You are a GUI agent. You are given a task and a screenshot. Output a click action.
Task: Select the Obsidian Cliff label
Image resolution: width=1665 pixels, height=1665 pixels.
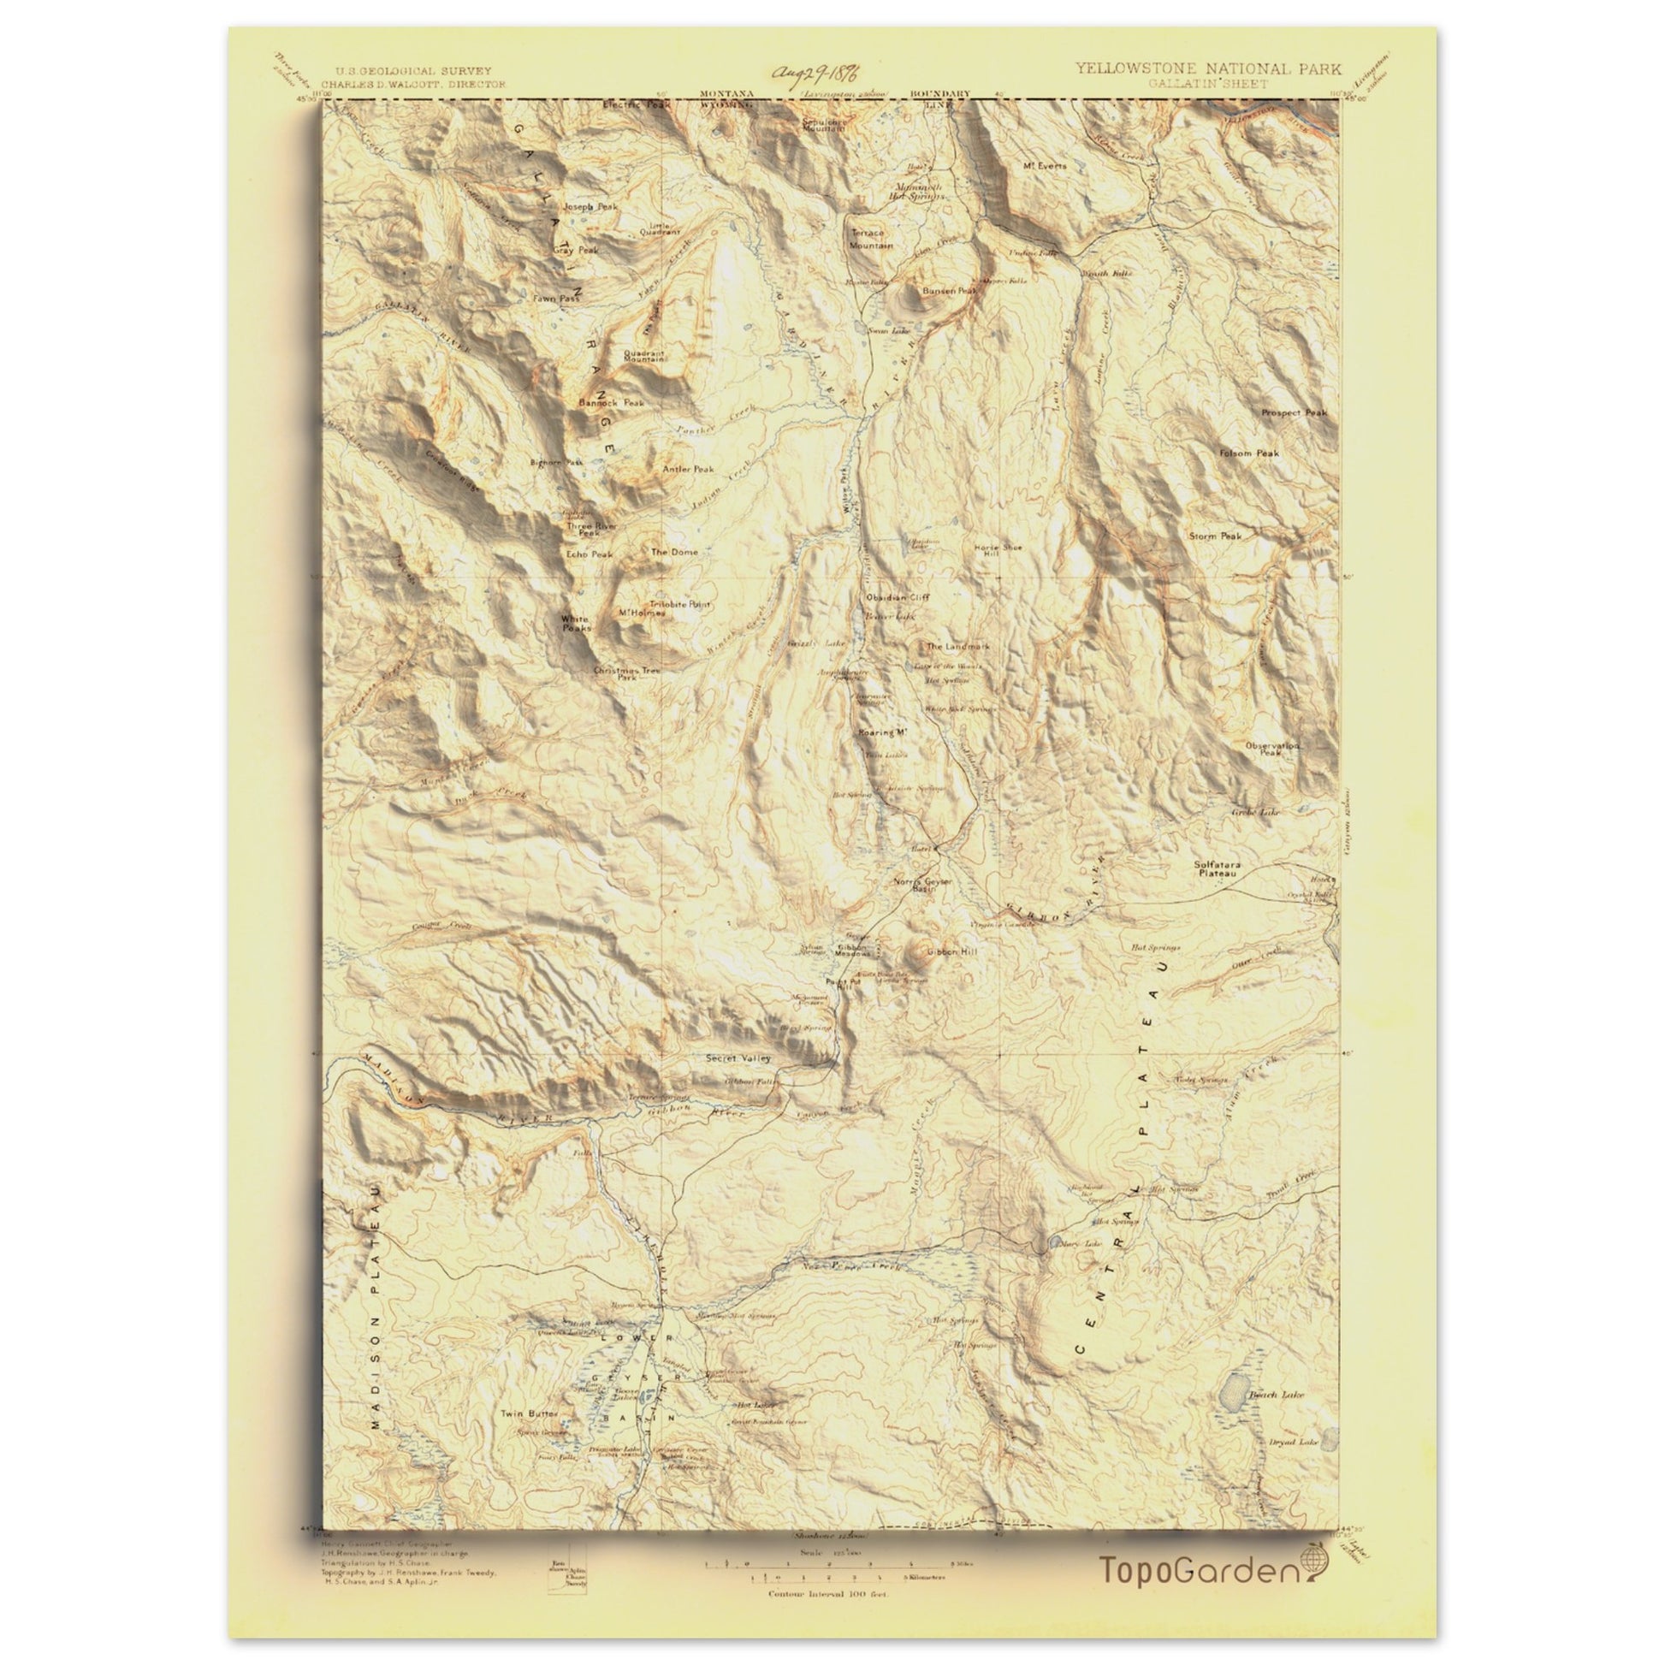[898, 596]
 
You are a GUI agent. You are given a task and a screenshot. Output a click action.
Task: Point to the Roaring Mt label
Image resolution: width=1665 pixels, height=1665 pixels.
[884, 732]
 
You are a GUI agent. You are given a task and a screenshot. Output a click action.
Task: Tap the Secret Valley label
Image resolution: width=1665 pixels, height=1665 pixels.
[738, 1058]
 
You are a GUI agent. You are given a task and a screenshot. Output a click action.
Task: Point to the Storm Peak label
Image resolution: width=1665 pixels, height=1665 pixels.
[1215, 536]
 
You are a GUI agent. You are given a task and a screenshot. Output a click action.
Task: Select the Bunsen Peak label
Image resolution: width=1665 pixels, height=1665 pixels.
[948, 291]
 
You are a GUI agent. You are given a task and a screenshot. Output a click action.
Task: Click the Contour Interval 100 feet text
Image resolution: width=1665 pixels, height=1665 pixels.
[828, 1570]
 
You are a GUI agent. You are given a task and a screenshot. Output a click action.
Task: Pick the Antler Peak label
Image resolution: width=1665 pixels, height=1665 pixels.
[688, 470]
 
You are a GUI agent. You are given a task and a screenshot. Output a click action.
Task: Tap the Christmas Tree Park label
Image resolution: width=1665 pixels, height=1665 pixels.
[626, 673]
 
